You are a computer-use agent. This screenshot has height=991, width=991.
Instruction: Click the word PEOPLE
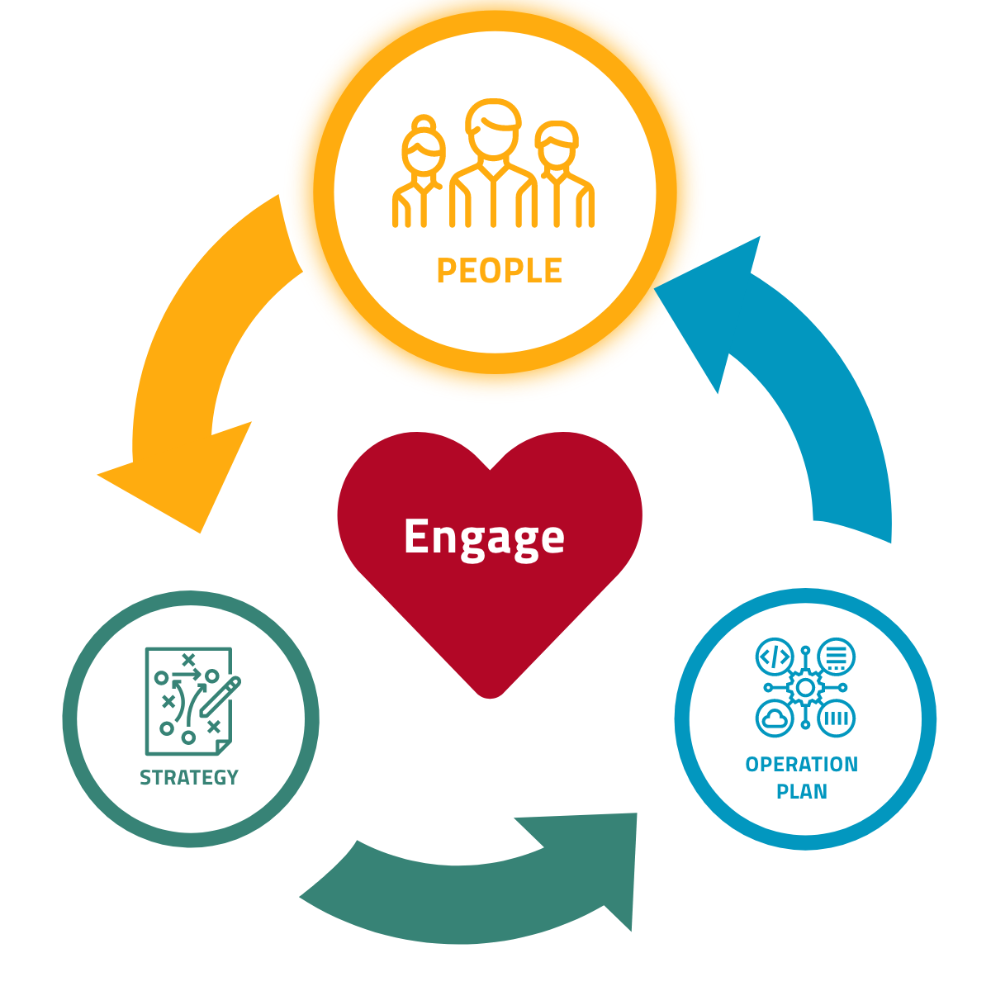click(x=499, y=271)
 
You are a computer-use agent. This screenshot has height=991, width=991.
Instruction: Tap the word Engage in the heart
click(x=484, y=538)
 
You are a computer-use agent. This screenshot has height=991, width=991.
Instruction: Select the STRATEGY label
click(x=189, y=778)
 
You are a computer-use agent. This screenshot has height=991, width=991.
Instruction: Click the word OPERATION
click(x=801, y=765)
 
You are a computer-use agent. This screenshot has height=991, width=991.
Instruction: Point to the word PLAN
click(x=801, y=791)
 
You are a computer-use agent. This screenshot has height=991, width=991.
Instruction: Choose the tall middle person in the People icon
click(x=493, y=165)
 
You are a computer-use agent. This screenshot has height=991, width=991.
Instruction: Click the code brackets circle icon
click(x=775, y=657)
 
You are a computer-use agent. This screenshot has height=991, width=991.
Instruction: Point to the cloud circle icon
click(x=775, y=718)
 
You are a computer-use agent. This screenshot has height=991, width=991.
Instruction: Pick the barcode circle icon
click(x=836, y=718)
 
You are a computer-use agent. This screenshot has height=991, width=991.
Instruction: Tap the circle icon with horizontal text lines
click(x=836, y=657)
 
